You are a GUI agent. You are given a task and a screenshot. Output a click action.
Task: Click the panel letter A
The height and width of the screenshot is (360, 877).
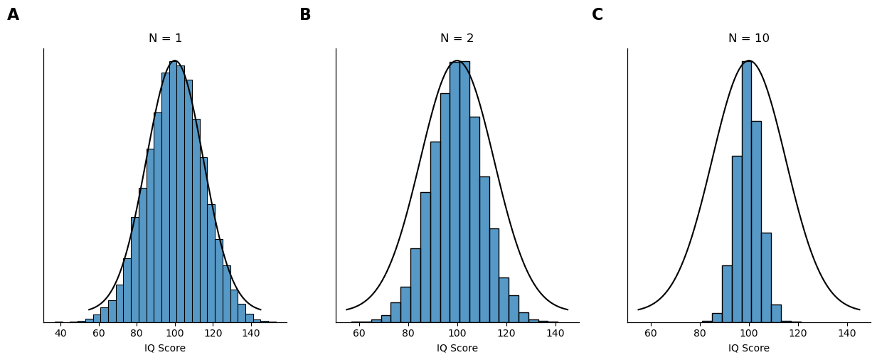13,15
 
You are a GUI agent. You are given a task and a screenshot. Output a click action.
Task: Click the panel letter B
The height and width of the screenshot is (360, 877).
305,15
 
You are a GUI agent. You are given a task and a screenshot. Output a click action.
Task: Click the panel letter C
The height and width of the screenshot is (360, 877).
597,15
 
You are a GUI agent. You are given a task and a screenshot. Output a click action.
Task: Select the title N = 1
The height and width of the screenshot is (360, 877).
165,38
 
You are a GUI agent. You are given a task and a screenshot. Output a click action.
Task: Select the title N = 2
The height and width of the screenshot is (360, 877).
457,38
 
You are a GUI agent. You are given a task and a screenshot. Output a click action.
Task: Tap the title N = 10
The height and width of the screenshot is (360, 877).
748,38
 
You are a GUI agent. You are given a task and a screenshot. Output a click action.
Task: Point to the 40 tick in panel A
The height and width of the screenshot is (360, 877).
60,333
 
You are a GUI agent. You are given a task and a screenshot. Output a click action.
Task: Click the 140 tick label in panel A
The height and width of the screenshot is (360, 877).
250,333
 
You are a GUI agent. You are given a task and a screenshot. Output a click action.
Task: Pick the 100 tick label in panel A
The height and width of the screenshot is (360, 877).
174,333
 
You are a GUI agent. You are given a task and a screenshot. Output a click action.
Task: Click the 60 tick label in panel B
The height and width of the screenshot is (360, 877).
359,333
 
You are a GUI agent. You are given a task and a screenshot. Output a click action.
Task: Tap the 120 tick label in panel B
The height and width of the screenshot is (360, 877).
506,333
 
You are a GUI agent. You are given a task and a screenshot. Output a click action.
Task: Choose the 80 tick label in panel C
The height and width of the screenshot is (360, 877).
700,333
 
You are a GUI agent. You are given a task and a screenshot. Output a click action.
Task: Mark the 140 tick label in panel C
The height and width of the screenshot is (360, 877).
846,333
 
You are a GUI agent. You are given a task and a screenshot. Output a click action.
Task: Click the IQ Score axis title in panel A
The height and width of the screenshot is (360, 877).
165,349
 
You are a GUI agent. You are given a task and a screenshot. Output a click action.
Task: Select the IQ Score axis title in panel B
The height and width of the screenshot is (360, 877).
457,349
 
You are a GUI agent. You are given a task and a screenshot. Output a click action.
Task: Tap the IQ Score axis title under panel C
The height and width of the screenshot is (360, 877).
748,349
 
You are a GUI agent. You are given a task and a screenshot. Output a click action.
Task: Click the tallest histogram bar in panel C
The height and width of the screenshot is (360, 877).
746,192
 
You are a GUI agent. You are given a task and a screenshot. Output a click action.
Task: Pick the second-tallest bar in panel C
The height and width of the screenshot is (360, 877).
756,221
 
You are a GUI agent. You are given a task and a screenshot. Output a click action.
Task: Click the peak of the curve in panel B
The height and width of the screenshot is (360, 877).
457,61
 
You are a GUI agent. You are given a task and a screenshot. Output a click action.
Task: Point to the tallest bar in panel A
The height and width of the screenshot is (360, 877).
173,192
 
